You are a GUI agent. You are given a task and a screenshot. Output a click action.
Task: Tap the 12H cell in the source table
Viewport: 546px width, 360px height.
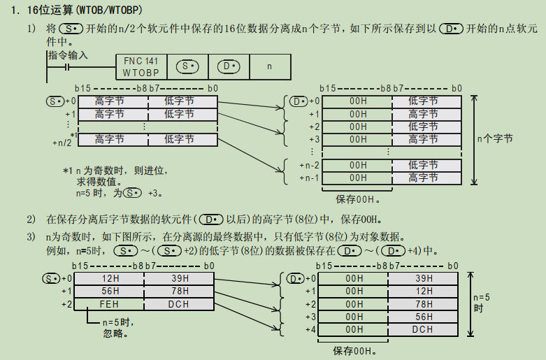tap(110, 279)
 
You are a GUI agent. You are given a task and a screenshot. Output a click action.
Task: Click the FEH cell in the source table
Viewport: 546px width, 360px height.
tap(110, 304)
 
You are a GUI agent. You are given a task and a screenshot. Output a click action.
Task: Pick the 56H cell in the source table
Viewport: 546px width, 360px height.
tap(110, 291)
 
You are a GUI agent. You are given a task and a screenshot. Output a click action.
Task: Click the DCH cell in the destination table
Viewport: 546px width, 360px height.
tap(423, 329)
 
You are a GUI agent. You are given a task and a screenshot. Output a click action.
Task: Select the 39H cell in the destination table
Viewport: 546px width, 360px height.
tap(423, 279)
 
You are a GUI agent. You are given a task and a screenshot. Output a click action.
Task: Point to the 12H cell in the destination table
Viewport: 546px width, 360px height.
tap(423, 291)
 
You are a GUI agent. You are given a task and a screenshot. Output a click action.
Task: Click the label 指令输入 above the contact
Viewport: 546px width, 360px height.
tap(68, 55)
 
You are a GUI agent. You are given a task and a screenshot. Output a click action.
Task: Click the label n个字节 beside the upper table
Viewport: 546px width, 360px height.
tap(495, 139)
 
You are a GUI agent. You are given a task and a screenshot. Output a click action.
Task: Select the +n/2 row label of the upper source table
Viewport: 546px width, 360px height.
tap(63, 142)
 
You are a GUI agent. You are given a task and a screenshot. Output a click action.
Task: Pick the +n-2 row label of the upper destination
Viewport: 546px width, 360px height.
tap(309, 165)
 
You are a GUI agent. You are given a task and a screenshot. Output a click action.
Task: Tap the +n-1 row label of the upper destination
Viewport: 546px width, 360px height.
tap(309, 178)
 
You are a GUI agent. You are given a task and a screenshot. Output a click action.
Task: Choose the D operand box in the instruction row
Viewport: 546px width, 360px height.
tap(228, 67)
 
